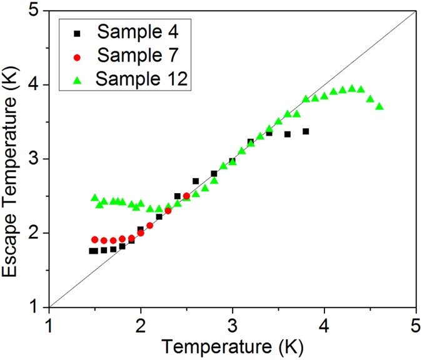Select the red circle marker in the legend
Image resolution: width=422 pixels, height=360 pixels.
tap(78, 57)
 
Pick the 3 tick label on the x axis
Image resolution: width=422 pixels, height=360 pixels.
tap(233, 326)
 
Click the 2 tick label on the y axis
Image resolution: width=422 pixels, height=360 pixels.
tap(36, 233)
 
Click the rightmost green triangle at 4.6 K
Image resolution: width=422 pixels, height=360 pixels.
tap(379, 106)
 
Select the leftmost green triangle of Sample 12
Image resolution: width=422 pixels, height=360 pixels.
tap(95, 197)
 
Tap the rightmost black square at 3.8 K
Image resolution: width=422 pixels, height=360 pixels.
tap(306, 131)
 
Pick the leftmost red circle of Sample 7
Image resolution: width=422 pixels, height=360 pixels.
tap(95, 239)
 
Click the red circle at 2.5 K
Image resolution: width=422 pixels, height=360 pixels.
tap(186, 196)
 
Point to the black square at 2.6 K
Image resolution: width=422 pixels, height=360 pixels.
tap(196, 181)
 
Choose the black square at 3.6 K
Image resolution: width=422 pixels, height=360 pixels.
tap(288, 134)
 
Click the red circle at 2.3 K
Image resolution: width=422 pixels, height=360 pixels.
tap(168, 211)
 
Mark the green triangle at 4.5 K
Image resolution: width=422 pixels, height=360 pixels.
tap(370, 99)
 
